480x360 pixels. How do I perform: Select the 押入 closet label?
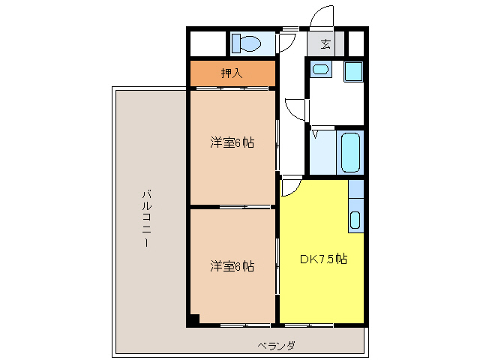pos(232,73)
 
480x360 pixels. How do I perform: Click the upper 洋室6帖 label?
pos(232,142)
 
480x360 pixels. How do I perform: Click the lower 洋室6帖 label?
pos(232,265)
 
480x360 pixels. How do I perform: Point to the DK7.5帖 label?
pos(323,259)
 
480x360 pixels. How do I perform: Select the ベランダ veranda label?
pos(276,346)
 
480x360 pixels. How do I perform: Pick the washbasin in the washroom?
pos(320,70)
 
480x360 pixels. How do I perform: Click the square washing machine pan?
pos(353,72)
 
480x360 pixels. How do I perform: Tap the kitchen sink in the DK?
pos(355,220)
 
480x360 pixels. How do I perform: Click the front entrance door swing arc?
pos(323,16)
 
